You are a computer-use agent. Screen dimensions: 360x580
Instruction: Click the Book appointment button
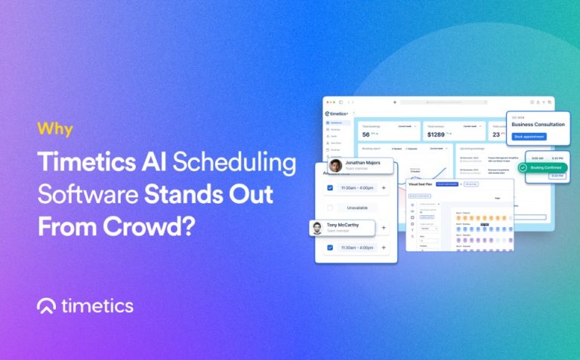tap(529, 136)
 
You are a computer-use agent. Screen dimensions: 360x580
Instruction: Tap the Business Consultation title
tap(538, 125)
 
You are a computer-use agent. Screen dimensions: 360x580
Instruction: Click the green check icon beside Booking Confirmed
tap(523, 168)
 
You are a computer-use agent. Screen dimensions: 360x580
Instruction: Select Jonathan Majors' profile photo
tap(335, 166)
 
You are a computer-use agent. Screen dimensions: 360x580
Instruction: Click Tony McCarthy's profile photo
tap(317, 229)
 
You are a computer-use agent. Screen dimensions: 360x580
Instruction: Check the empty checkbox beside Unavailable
tap(329, 207)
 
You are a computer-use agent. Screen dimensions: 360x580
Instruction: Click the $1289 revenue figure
tap(436, 134)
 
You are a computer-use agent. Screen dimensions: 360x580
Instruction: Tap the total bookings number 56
tap(366, 134)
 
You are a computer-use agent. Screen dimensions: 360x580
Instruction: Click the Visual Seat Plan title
tap(419, 183)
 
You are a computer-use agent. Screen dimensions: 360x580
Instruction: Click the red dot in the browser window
tap(327, 101)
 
